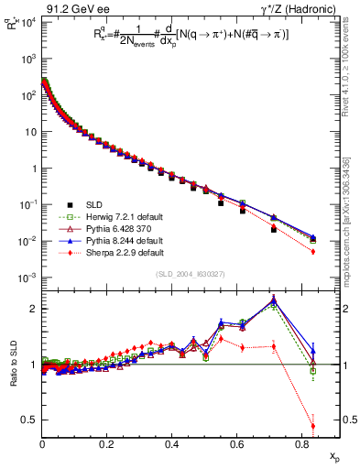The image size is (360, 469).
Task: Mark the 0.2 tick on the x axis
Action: pos(107,443)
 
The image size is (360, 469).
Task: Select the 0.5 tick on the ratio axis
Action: pos(31,420)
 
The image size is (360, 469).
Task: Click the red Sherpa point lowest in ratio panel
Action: pos(313,425)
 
